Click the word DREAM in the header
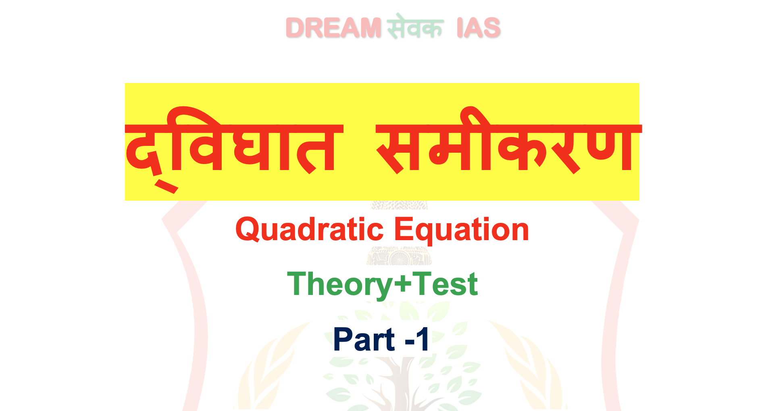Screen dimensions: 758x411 (x=333, y=28)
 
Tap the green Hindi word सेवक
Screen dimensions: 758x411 (x=415, y=26)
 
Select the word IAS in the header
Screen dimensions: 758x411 (x=479, y=28)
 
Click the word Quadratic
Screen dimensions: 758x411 (x=309, y=230)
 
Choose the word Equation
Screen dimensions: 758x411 (x=461, y=230)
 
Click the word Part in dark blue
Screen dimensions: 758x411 (x=364, y=339)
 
